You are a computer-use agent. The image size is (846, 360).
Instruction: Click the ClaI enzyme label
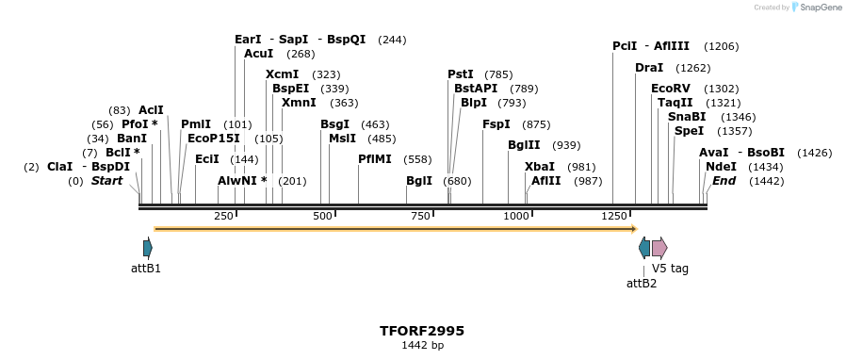[59, 167]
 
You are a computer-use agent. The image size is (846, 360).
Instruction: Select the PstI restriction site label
[461, 74]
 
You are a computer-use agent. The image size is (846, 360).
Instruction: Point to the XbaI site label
[540, 167]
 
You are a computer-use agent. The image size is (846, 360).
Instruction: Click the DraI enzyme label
[649, 68]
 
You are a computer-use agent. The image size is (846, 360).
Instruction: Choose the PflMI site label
[374, 159]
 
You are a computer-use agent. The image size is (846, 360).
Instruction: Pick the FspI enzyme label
[496, 124]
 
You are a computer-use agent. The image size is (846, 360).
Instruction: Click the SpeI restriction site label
[689, 131]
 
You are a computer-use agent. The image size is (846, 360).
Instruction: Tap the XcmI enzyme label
[282, 74]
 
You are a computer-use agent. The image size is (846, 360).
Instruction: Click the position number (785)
[498, 74]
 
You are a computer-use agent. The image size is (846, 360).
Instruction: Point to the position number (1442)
[766, 181]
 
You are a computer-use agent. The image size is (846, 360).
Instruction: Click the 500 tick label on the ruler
[323, 217]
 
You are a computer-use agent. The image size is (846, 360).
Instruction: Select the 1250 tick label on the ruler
[614, 217]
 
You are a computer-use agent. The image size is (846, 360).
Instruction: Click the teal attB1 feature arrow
[147, 248]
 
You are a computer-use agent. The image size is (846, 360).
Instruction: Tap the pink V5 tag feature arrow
[659, 248]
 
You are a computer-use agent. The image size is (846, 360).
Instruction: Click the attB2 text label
[642, 283]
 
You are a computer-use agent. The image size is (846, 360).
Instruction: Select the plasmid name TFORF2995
[422, 331]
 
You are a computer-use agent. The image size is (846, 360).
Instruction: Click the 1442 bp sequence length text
[422, 346]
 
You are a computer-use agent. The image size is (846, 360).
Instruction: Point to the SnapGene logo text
[818, 8]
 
